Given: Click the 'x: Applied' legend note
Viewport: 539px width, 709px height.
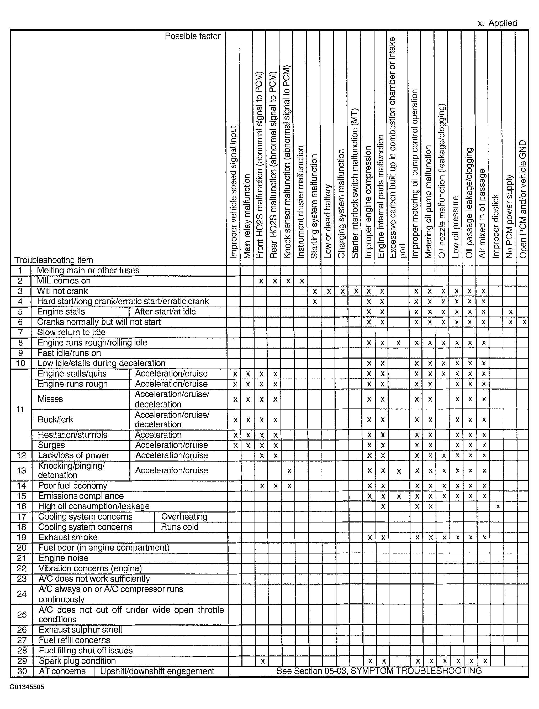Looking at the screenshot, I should (x=497, y=23).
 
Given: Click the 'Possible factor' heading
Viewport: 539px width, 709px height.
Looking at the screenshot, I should (x=193, y=36).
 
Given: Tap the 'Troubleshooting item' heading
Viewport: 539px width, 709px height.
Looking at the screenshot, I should (x=54, y=260).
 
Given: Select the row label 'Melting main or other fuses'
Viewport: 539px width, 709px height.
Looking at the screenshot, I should (x=88, y=270).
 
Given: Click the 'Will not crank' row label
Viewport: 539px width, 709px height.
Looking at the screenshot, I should (x=62, y=291).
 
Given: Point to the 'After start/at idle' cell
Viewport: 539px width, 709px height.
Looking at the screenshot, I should (x=165, y=312).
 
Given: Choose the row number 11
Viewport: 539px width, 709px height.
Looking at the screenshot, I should (x=20, y=410).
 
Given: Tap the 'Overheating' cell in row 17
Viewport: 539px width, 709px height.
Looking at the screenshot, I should (x=184, y=517).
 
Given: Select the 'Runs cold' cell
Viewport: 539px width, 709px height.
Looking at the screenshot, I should (x=180, y=527).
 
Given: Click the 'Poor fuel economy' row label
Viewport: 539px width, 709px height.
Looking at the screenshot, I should (x=72, y=486).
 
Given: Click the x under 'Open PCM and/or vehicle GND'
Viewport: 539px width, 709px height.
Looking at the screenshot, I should (x=524, y=322).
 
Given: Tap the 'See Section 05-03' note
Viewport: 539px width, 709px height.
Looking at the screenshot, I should (x=379, y=671).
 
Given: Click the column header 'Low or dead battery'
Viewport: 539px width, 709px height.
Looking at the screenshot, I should (x=328, y=221).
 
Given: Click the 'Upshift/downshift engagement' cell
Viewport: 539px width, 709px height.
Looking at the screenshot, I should (x=157, y=671).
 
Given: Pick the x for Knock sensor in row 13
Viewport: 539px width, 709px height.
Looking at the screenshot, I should (x=289, y=471).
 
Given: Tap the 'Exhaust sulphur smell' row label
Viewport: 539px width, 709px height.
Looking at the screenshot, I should (x=80, y=630).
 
